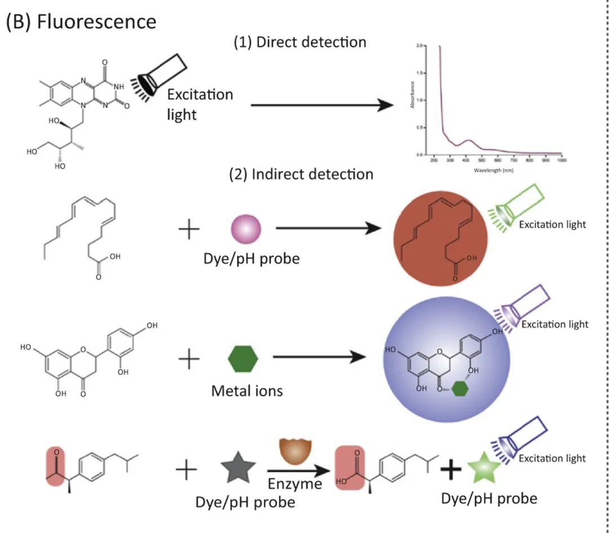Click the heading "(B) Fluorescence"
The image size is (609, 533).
pos(80,21)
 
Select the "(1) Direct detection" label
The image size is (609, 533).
pos(299,42)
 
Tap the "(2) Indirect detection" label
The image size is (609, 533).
pos(301,174)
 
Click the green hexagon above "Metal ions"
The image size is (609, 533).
pos(243,358)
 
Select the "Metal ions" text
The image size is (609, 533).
pos(247,390)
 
